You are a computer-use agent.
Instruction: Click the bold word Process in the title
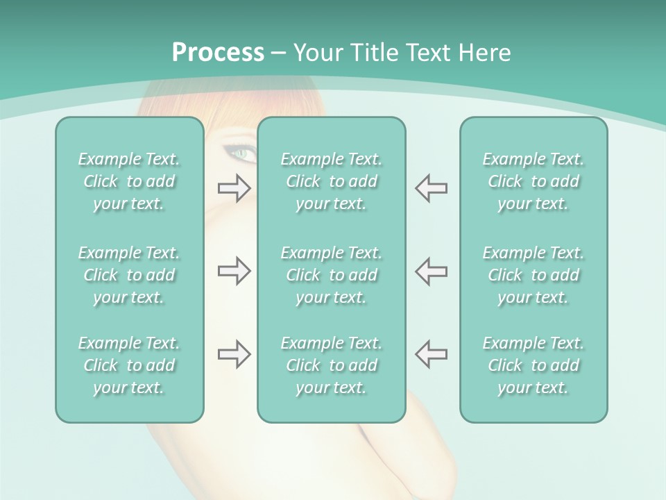click(218, 53)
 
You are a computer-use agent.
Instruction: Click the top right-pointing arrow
click(234, 188)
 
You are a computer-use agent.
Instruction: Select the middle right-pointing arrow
click(234, 271)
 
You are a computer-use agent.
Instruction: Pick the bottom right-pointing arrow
click(234, 354)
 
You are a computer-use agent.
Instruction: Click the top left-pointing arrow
click(431, 188)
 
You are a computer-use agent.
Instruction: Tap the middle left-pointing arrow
click(431, 271)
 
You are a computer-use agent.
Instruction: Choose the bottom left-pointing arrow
click(431, 354)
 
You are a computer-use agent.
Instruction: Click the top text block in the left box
click(129, 181)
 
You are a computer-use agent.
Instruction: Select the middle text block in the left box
click(129, 275)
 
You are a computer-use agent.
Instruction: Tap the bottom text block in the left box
click(129, 365)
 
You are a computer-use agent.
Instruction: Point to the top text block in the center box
click(331, 181)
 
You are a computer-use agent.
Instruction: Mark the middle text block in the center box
click(331, 275)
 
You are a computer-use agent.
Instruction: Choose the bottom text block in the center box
click(331, 365)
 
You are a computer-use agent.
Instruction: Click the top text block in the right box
click(533, 181)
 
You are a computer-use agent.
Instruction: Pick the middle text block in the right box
click(533, 275)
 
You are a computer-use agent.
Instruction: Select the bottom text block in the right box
click(533, 365)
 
